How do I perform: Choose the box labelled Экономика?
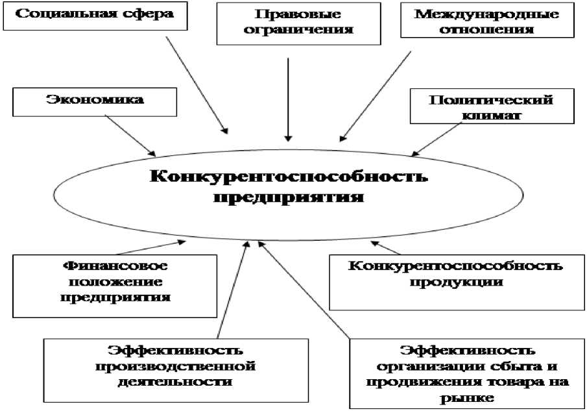tap(95, 101)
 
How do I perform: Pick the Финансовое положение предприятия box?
tap(115, 284)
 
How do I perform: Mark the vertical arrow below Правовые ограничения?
tap(289, 97)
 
